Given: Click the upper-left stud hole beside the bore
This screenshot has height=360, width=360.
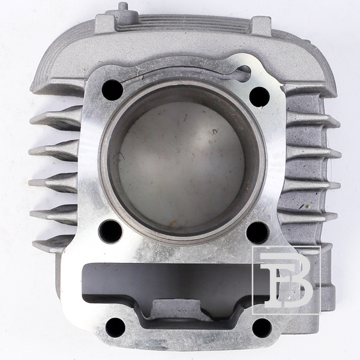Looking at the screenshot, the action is (112, 90).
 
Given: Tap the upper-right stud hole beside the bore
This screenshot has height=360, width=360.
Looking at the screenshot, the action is (259, 97).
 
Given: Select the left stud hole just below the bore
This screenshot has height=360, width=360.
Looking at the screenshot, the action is (110, 231).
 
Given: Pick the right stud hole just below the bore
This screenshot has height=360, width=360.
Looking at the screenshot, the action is (258, 233).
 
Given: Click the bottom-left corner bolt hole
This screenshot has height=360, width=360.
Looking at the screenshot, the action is (115, 328).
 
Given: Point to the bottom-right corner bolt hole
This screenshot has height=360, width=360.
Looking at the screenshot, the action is (262, 328).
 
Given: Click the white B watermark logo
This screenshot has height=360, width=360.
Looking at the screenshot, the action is (286, 280).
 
